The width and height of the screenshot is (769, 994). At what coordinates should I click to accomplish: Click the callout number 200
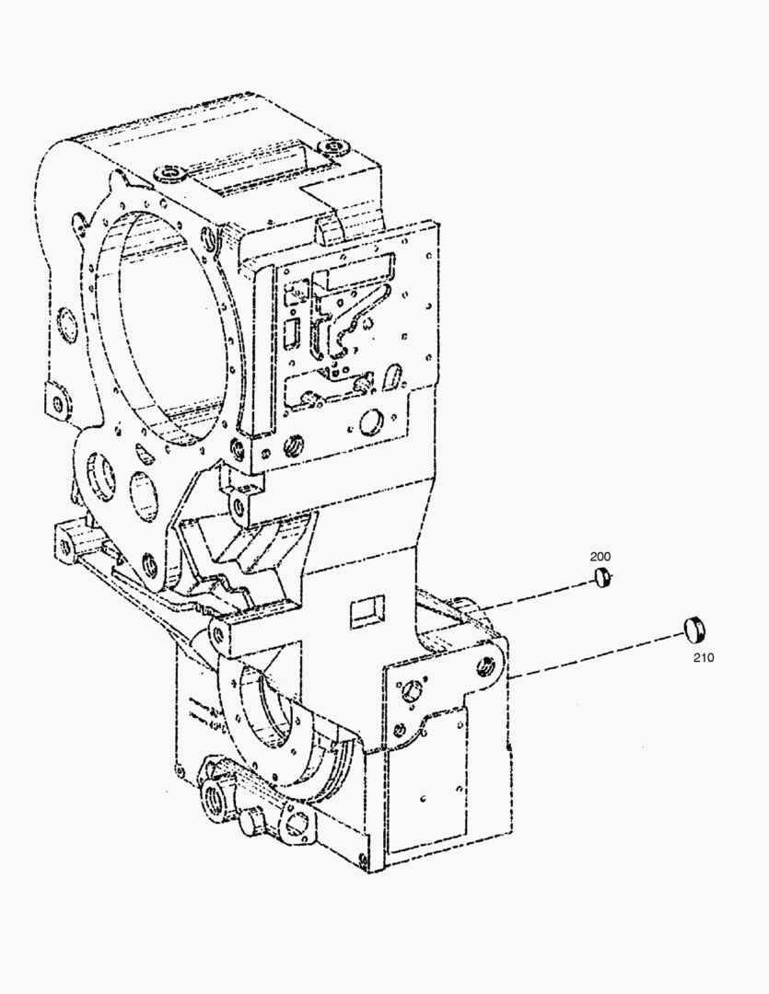point(600,557)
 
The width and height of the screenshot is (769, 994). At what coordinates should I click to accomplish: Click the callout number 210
point(703,657)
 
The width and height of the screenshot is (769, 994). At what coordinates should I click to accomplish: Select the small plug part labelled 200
point(601,578)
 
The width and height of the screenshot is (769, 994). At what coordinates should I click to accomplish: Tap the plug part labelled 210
point(694,628)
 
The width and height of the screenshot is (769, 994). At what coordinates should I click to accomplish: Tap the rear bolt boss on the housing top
point(334,147)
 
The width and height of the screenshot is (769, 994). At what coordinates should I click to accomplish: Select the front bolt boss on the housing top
point(169,172)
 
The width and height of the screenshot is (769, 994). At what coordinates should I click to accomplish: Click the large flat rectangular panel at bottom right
point(427,780)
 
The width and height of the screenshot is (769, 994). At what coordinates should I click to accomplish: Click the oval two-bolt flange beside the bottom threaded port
point(296,823)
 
